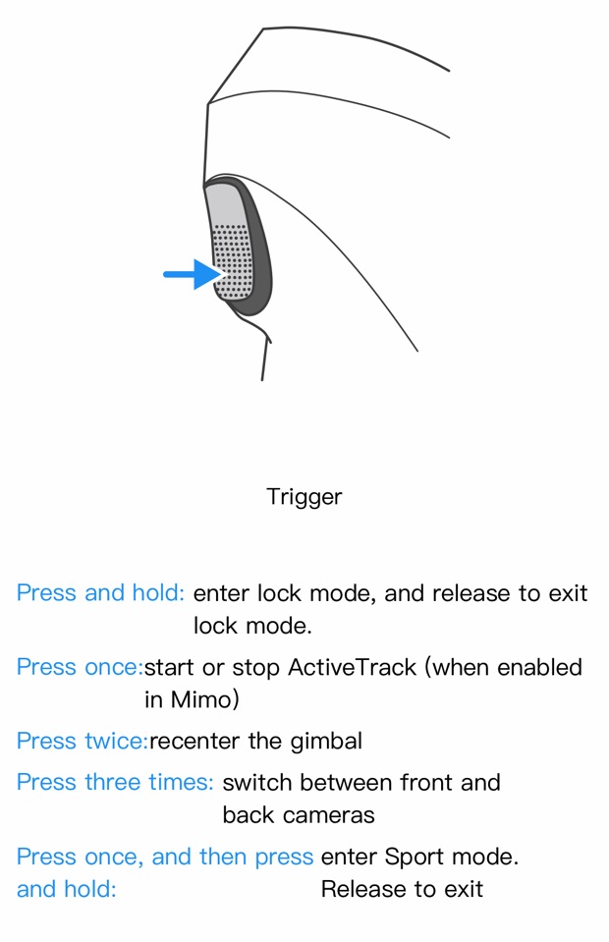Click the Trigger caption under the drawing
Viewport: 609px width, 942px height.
(304, 497)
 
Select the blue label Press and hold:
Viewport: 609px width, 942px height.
(100, 593)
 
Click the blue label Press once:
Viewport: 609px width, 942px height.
(80, 668)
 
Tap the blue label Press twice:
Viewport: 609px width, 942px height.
(82, 741)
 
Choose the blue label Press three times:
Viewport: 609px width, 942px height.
(115, 783)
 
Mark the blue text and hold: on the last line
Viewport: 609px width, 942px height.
(66, 890)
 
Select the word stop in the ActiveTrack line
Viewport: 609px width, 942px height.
(255, 668)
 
